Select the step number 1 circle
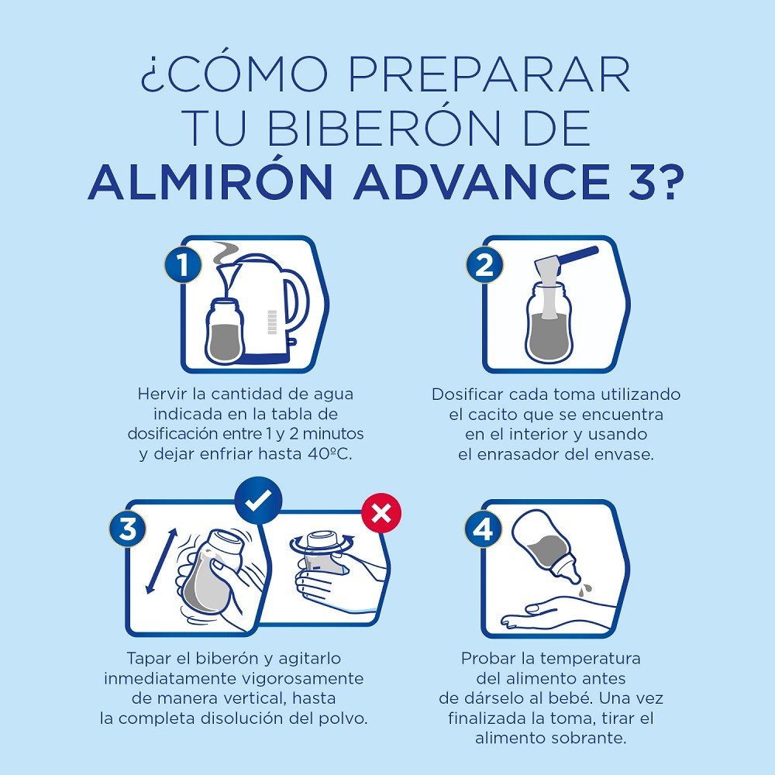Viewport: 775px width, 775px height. coord(183,266)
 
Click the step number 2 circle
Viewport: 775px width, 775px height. coord(484,266)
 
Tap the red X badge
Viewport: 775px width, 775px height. coord(381,512)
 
